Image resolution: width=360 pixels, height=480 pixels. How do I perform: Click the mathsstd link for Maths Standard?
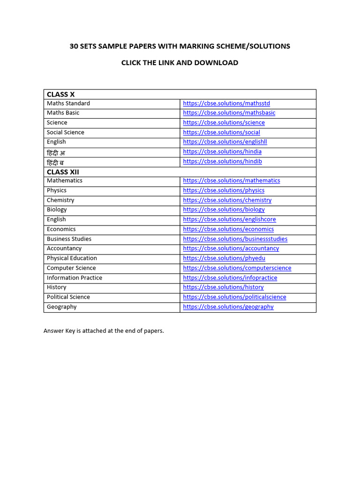226,103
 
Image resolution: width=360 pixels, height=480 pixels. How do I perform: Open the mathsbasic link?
229,113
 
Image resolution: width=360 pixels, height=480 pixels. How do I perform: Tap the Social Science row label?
65,132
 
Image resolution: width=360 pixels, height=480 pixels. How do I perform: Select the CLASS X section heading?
60,94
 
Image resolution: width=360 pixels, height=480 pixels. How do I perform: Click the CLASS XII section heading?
63,172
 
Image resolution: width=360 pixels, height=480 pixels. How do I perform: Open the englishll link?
225,142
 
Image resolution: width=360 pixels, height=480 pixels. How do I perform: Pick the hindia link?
222,152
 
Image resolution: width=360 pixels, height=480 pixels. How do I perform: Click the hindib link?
222,161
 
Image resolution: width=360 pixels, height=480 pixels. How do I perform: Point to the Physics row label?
56,190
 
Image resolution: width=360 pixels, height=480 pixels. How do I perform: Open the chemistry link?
227,200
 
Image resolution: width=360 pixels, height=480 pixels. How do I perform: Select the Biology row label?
57,210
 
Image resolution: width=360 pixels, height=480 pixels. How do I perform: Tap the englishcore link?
229,219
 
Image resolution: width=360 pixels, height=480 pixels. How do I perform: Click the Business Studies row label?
69,239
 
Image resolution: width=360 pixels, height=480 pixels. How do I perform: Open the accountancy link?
231,248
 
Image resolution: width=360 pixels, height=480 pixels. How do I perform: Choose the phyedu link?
224,258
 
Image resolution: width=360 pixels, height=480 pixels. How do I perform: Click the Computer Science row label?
71,268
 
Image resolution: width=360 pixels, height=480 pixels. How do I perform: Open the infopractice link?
230,278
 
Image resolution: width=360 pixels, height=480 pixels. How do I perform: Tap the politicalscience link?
234,297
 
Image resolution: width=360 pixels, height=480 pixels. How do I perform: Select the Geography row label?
61,307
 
